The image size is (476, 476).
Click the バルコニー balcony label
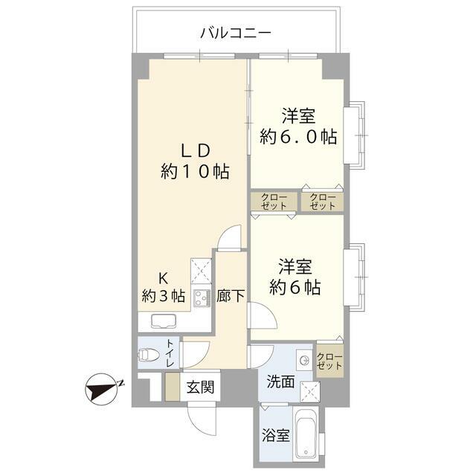point(234,33)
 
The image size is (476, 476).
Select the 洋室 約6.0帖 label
point(297,126)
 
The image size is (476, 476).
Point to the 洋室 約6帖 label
point(295,277)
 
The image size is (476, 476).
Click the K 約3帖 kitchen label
point(164,287)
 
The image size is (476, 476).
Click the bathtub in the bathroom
point(307,436)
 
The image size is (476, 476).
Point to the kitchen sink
point(162,321)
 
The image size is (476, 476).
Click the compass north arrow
point(103,388)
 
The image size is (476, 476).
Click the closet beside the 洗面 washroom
point(330,361)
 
